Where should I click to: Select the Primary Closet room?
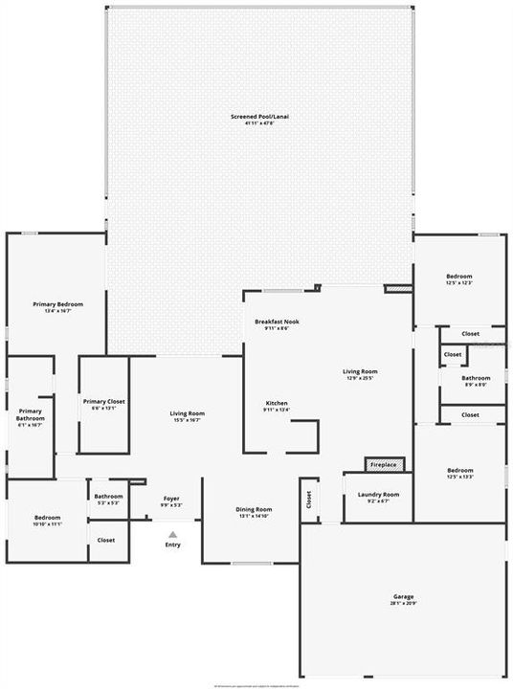(x=103, y=405)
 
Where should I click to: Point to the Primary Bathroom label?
(x=29, y=417)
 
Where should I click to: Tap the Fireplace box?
(x=384, y=465)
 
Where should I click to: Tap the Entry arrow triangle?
(x=173, y=535)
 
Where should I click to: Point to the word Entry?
(x=173, y=545)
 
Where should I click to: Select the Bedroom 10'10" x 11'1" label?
(x=47, y=522)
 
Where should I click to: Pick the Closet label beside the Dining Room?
(x=309, y=499)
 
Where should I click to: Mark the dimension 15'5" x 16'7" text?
(x=188, y=419)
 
